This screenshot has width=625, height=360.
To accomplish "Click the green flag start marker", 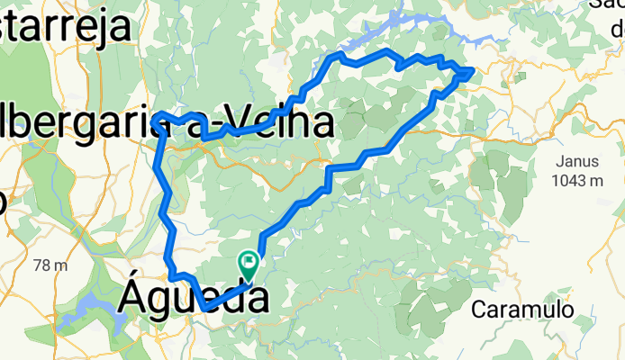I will click(248, 263).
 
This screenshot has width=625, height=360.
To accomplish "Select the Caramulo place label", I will click(523, 309).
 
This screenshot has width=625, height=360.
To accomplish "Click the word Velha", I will click(278, 124).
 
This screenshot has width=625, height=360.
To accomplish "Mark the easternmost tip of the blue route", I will click(473, 71).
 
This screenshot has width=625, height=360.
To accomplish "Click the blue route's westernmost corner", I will click(156, 118).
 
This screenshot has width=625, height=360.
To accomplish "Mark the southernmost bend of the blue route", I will click(207, 309).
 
